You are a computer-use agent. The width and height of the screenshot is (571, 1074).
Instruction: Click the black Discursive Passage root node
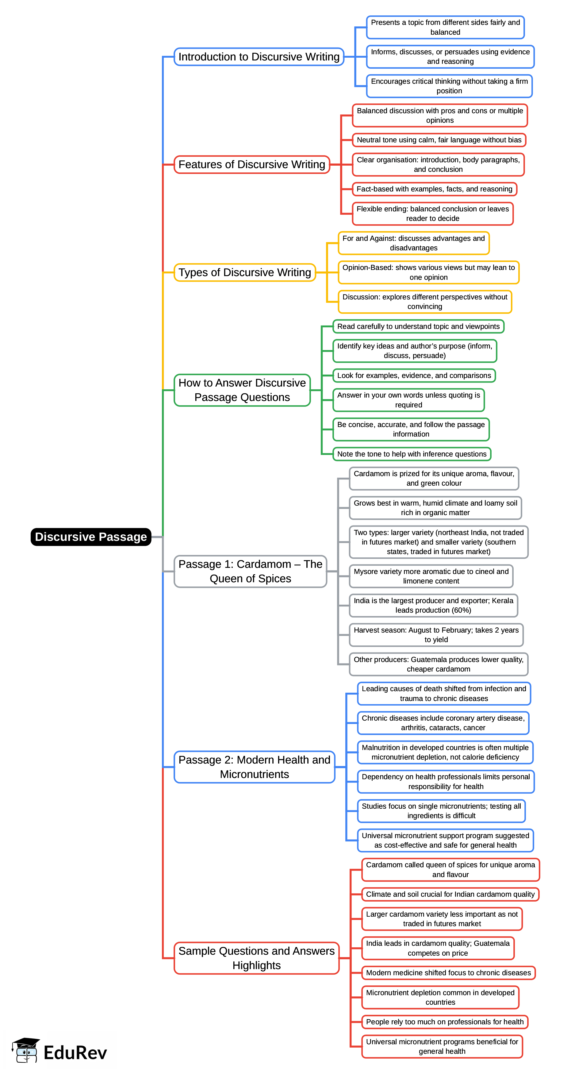pos(91,537)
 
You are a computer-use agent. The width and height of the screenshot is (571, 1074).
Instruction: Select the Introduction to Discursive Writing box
pos(259,57)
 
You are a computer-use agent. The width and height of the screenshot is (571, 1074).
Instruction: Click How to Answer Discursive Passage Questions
pos(242,390)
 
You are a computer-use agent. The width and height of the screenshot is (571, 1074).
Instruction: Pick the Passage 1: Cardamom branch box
pos(250,571)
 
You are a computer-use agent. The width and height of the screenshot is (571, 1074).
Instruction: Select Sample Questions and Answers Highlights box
pos(256,958)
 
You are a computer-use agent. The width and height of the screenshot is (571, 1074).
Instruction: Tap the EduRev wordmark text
pos(75,1053)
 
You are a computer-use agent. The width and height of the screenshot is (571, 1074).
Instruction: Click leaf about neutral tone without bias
pos(439,140)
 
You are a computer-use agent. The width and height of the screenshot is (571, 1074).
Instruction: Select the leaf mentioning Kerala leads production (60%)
pos(433,605)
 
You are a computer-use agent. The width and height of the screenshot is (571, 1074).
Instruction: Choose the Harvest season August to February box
pos(436,635)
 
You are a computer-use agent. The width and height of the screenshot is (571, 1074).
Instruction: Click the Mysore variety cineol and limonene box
pos(431,576)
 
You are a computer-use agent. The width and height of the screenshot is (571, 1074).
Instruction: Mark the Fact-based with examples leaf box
pos(434,189)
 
